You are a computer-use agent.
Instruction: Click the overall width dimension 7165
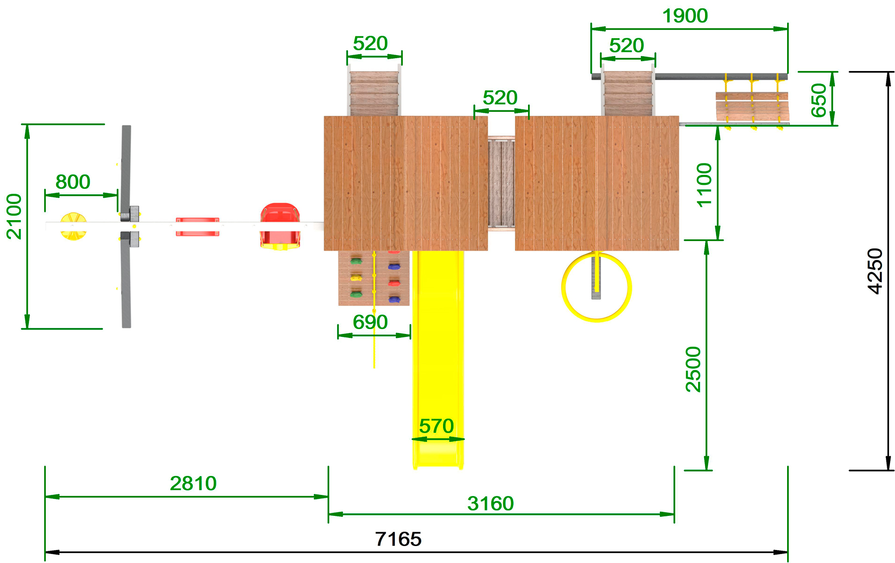pyautogui.click(x=398, y=539)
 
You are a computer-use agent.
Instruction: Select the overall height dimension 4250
pyautogui.click(x=875, y=271)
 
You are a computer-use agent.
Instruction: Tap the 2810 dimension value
pyautogui.click(x=193, y=483)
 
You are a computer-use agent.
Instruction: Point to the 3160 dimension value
pyautogui.click(x=490, y=504)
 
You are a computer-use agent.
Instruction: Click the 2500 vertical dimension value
pyautogui.click(x=693, y=369)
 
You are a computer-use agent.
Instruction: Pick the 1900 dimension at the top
pyautogui.click(x=685, y=16)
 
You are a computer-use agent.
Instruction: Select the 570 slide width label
pyautogui.click(x=436, y=426)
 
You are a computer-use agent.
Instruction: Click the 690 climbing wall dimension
pyautogui.click(x=370, y=322)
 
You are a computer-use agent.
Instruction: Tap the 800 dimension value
pyautogui.click(x=73, y=182)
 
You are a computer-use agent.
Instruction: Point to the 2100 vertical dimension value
pyautogui.click(x=14, y=216)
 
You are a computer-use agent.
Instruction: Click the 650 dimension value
pyautogui.click(x=818, y=100)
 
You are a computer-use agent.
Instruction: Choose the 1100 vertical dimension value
pyautogui.click(x=704, y=184)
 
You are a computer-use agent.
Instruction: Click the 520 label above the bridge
pyautogui.click(x=500, y=98)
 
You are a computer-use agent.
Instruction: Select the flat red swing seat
pyautogui.click(x=197, y=227)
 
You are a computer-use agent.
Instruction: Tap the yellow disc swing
pyautogui.click(x=74, y=227)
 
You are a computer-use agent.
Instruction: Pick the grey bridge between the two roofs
pyautogui.click(x=501, y=183)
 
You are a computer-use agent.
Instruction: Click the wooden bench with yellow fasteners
pyautogui.click(x=752, y=106)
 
